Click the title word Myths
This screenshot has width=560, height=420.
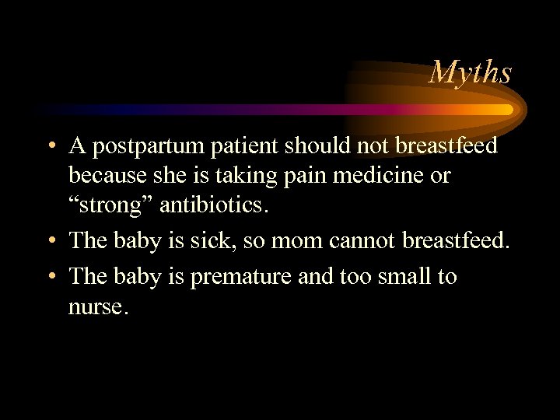click(x=471, y=72)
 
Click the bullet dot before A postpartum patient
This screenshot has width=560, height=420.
click(x=50, y=147)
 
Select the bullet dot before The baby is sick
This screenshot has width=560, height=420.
click(x=50, y=242)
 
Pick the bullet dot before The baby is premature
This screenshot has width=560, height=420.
click(x=50, y=278)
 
